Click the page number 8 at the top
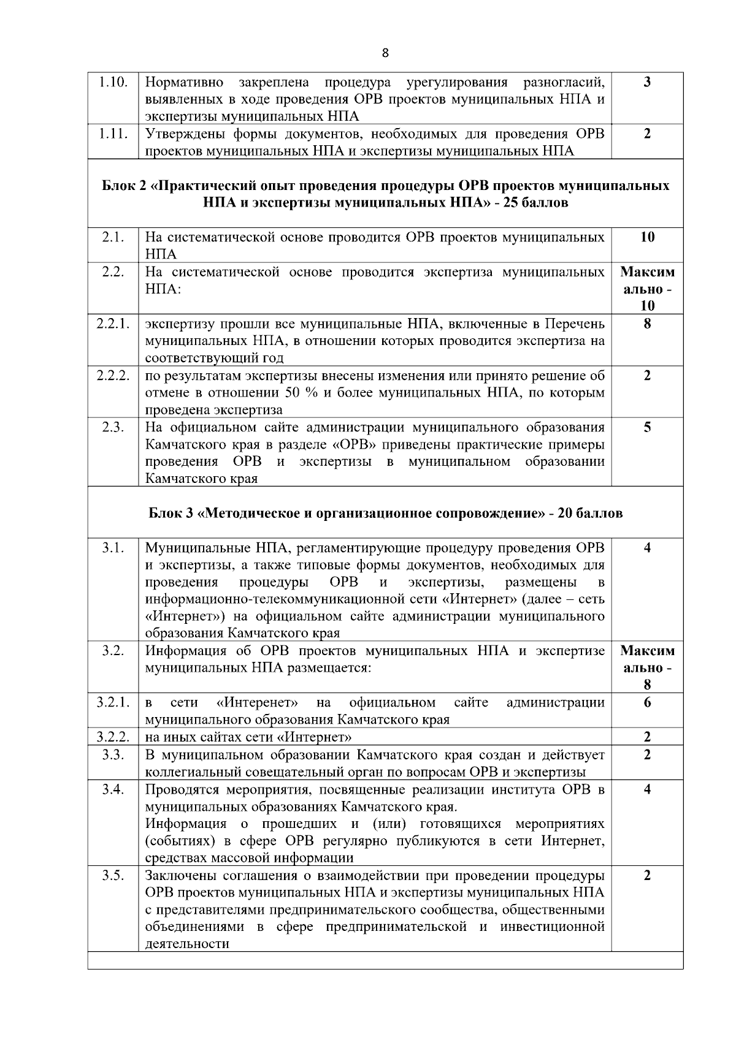(x=385, y=53)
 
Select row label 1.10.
(x=113, y=82)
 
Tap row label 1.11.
(x=113, y=134)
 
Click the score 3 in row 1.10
(x=647, y=82)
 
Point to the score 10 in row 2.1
(x=647, y=237)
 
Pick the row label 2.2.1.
(x=113, y=324)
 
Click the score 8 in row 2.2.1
(x=647, y=324)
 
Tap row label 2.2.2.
(x=113, y=375)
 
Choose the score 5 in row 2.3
(x=647, y=427)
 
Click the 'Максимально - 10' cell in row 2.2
(x=647, y=289)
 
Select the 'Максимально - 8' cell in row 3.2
(x=647, y=667)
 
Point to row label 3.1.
(x=113, y=547)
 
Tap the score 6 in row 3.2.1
(x=647, y=702)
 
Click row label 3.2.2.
(x=113, y=737)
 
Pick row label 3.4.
(x=113, y=789)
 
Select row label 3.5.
(x=113, y=875)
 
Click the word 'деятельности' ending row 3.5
(x=187, y=944)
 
